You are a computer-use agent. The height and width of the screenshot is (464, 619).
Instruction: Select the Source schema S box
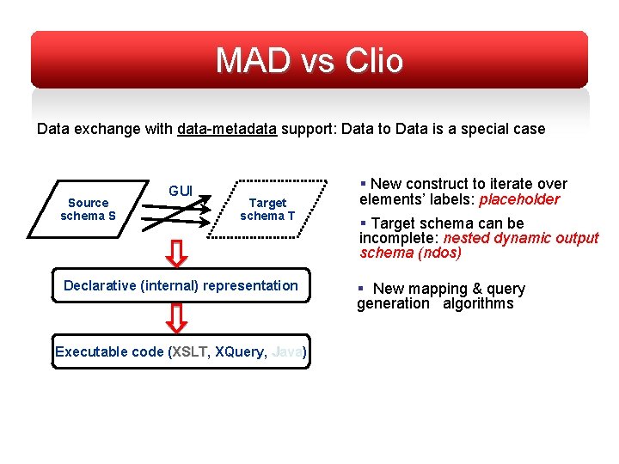pos(88,210)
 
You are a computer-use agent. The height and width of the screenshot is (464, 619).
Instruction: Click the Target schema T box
pos(267,210)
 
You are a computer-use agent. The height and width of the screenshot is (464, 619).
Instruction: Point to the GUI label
pos(180,191)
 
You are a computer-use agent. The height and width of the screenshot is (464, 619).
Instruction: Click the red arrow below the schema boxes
pos(176,253)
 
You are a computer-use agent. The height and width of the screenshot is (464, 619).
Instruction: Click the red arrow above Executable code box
pos(176,317)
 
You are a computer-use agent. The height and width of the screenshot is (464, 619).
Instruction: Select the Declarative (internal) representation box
pos(181,285)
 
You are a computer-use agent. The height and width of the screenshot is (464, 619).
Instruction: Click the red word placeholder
pos(519,199)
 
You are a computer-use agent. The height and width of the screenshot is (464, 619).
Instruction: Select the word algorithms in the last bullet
pos(478,303)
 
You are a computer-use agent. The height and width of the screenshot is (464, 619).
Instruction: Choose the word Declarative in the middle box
pos(98,285)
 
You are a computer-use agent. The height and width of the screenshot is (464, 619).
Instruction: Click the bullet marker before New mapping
pos(363,289)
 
